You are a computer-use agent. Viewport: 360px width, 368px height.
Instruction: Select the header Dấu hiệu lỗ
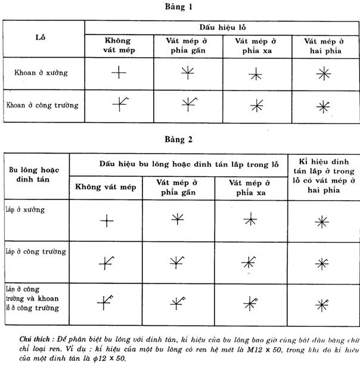click(x=222, y=28)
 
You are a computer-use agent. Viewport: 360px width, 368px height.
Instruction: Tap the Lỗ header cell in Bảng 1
click(x=44, y=37)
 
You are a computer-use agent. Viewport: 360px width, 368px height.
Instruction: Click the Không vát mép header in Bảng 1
click(x=120, y=46)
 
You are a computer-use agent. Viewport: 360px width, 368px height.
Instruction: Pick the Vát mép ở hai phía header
click(x=324, y=46)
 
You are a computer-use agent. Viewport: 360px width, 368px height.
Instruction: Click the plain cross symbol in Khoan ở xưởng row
click(x=119, y=73)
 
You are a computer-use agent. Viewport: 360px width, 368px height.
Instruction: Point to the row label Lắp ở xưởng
click(x=25, y=210)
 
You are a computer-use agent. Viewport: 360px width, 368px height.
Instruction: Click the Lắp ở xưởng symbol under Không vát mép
click(x=106, y=222)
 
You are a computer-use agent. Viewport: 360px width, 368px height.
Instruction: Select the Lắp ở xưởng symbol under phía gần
click(x=178, y=219)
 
